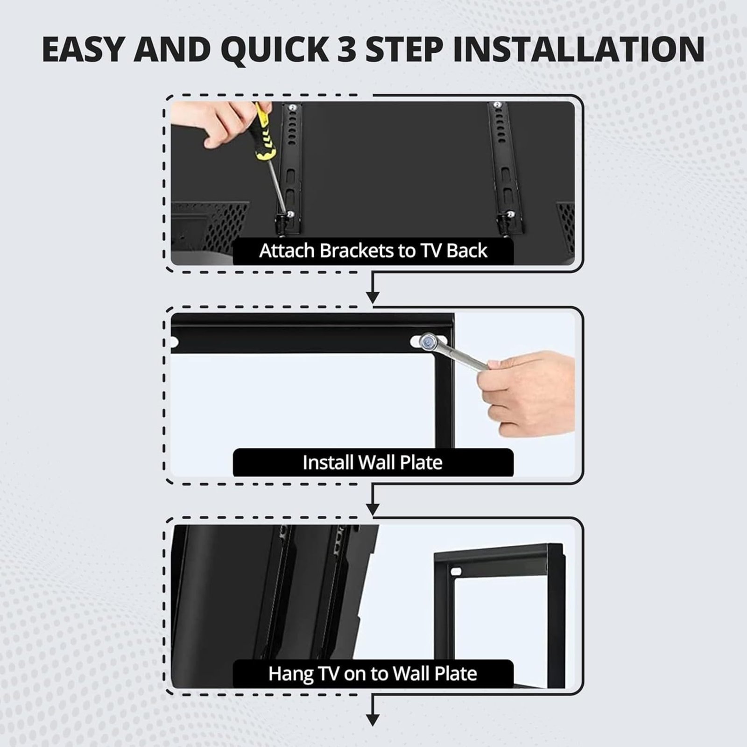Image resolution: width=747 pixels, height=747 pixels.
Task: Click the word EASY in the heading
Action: [x=82, y=49]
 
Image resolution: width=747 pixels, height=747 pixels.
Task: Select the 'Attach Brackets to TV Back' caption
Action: [x=373, y=251]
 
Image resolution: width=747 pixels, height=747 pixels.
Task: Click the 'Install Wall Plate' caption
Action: [x=373, y=463]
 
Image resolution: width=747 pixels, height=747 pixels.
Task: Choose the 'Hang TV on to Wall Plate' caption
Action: [x=373, y=674]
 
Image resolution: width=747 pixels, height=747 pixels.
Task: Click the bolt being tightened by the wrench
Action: [x=428, y=342]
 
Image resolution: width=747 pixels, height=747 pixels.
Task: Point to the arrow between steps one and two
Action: [x=373, y=288]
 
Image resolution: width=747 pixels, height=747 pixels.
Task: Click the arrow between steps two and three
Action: [x=373, y=499]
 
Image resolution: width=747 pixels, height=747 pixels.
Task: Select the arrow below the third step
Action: [x=373, y=710]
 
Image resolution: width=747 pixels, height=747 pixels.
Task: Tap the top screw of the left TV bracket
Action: [x=291, y=107]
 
